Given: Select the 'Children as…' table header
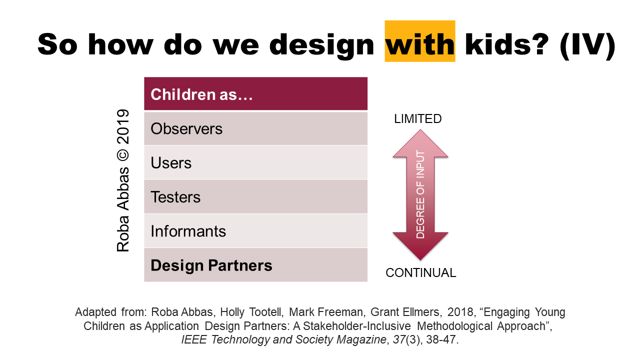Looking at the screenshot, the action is click(201, 94).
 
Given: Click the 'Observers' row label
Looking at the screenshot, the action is click(186, 128).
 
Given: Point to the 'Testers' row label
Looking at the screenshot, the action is click(175, 197).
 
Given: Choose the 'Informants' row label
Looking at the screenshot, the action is click(188, 231).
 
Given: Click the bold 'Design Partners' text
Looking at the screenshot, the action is click(211, 265).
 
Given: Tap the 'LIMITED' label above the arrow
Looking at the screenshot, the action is click(417, 118).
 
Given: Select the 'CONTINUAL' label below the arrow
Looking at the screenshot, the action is click(420, 273).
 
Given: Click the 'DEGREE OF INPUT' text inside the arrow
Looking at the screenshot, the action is click(420, 194).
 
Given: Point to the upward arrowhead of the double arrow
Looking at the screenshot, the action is click(420, 143).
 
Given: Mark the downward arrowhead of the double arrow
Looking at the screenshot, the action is click(420, 246).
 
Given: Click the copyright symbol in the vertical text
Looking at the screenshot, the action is click(123, 155).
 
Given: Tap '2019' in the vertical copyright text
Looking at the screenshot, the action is click(123, 127).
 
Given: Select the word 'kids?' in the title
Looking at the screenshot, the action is click(507, 44).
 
